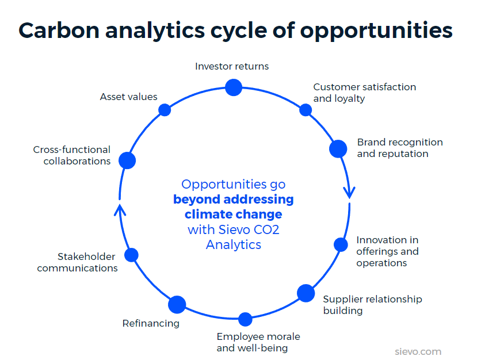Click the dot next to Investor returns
click(234, 87)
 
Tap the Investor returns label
click(232, 66)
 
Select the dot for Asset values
click(165, 110)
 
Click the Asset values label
click(128, 97)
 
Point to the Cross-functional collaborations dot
click(127, 160)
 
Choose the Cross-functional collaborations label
click(72, 155)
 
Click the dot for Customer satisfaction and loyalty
click(306, 109)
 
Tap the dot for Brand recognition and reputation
click(338, 148)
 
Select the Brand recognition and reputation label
click(400, 148)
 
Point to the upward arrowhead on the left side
click(119, 208)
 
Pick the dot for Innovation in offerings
click(341, 244)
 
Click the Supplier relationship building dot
click(306, 293)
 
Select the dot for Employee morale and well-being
click(246, 319)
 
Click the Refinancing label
click(151, 323)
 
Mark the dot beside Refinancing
click(177, 304)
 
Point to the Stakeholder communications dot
click(132, 255)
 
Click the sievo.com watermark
click(418, 351)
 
